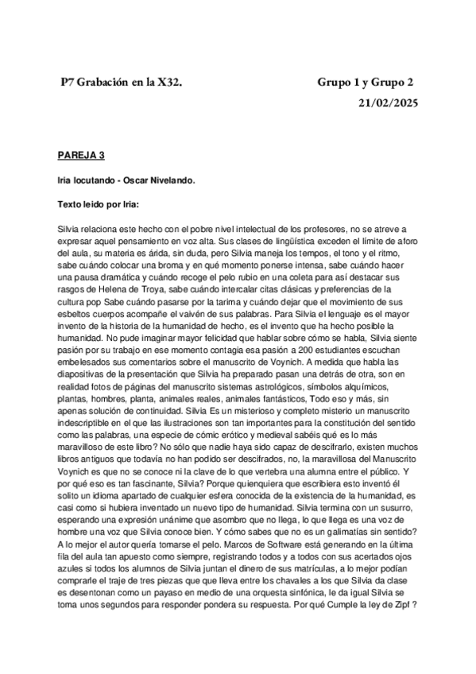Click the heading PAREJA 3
pyautogui.click(x=80, y=153)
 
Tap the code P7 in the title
pyautogui.click(x=68, y=82)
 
